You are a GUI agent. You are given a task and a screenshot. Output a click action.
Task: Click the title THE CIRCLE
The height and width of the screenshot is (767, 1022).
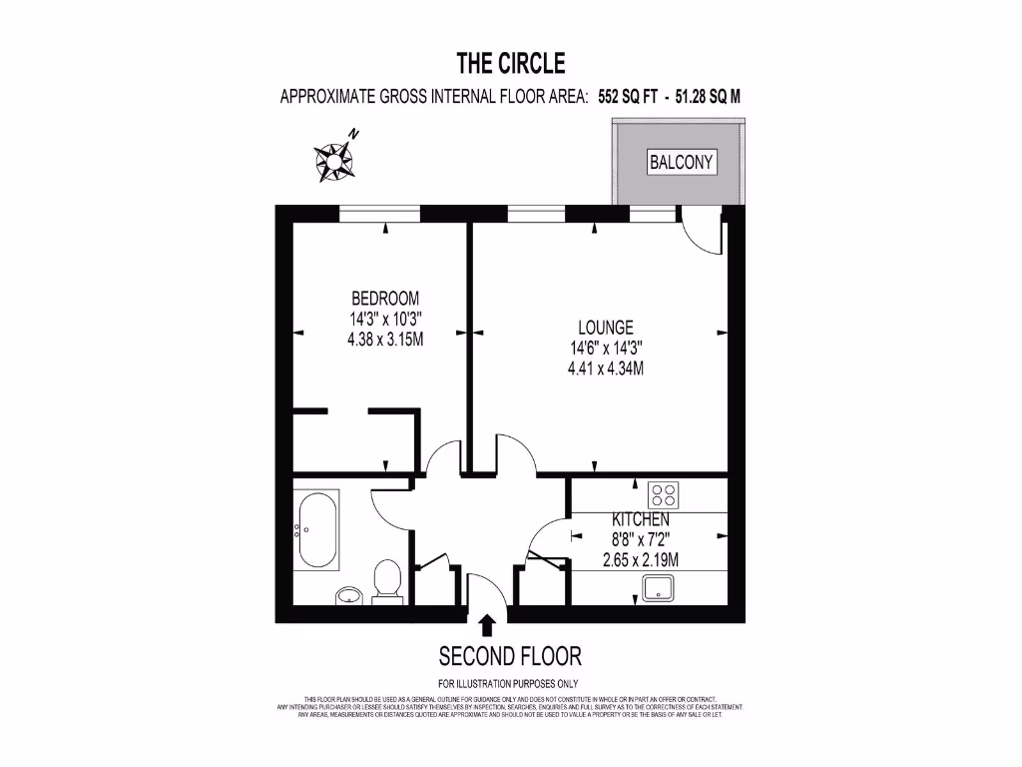511,64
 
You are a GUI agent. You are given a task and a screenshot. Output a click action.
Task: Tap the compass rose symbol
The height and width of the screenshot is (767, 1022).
335,159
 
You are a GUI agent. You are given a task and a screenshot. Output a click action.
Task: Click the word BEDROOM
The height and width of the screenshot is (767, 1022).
384,299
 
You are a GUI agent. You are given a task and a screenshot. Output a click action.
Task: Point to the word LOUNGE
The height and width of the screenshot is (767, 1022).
605,328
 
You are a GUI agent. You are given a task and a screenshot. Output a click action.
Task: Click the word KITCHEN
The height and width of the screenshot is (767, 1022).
640,520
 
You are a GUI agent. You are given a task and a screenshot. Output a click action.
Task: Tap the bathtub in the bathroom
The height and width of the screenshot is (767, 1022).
317,530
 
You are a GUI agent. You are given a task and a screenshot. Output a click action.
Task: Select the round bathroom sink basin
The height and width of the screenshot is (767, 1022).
348,596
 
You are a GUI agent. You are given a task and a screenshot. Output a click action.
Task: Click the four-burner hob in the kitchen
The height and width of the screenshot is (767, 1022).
664,494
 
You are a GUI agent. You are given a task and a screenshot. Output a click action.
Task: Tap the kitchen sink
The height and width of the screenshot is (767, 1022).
660,589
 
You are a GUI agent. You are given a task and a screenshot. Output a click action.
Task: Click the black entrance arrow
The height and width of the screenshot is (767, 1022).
487,625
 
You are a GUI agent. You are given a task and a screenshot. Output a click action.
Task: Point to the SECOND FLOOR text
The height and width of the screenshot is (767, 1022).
510,656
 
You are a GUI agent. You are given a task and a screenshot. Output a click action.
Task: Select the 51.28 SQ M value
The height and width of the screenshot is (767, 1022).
708,97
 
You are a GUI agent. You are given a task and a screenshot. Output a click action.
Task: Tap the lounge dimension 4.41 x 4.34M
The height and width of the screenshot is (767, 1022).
605,368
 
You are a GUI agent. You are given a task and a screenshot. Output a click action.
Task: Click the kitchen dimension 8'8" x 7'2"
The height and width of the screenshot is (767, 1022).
640,540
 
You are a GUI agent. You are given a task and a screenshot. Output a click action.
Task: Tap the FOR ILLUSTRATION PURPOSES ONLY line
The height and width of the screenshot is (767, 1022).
510,683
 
